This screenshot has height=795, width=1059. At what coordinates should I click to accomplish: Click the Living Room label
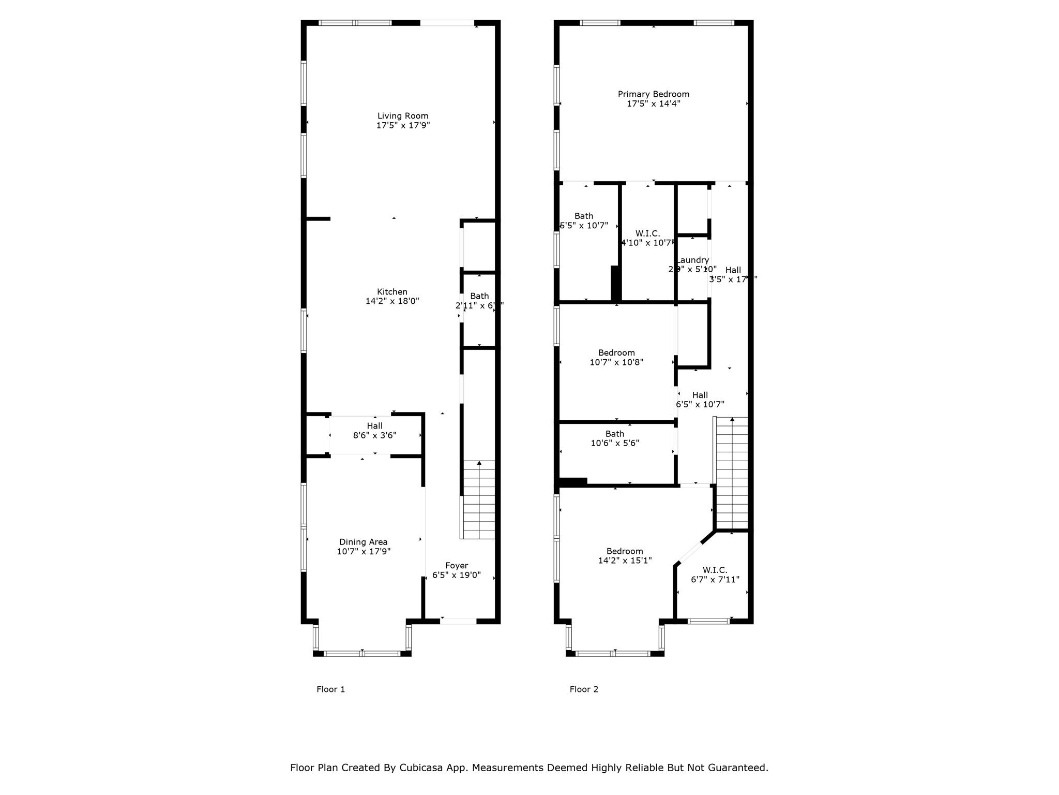403,116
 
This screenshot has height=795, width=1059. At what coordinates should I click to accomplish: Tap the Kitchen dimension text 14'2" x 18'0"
392,301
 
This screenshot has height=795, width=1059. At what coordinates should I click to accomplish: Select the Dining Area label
363,542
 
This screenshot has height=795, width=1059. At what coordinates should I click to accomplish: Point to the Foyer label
457,566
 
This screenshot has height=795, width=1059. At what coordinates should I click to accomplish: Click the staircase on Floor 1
478,500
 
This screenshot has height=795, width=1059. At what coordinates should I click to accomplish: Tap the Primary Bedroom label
653,94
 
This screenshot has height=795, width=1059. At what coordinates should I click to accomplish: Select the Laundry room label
693,260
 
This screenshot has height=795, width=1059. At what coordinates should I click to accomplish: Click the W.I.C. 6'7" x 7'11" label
715,570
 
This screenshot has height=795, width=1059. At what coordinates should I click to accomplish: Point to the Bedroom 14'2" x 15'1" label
625,551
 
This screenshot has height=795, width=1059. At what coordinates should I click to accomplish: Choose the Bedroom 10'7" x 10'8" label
616,353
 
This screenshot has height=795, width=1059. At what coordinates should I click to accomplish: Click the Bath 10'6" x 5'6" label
615,434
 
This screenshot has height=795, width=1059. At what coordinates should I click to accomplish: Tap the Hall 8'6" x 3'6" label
375,426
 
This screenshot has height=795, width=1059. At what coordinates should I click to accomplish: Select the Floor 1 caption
330,689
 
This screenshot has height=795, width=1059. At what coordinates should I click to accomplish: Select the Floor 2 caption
584,689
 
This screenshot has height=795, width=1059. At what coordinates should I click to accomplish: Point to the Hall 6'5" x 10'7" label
700,395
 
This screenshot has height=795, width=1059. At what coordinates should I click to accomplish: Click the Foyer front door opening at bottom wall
458,621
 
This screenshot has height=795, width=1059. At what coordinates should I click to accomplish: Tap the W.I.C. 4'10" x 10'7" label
647,234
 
